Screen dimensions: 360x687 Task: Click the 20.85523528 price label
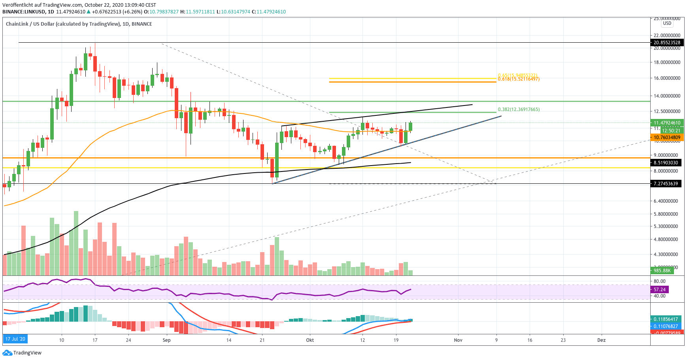click(x=667, y=43)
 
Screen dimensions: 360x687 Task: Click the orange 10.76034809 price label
click(x=667, y=138)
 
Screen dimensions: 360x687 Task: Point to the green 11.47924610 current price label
click(x=667, y=123)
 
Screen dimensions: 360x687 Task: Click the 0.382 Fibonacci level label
click(x=519, y=109)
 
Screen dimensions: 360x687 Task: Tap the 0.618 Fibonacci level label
click(x=519, y=79)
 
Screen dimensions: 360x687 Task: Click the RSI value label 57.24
click(x=659, y=290)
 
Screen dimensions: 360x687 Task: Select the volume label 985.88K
click(x=662, y=271)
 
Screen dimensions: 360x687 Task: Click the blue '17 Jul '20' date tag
click(x=15, y=339)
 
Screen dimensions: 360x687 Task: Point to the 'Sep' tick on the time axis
click(x=166, y=340)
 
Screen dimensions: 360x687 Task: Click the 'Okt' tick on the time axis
click(x=310, y=340)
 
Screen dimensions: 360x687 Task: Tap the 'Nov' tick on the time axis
click(x=458, y=340)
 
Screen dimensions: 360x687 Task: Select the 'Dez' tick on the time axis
click(x=601, y=340)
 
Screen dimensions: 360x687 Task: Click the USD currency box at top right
click(x=667, y=23)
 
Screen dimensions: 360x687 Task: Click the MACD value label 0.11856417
click(x=666, y=319)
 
